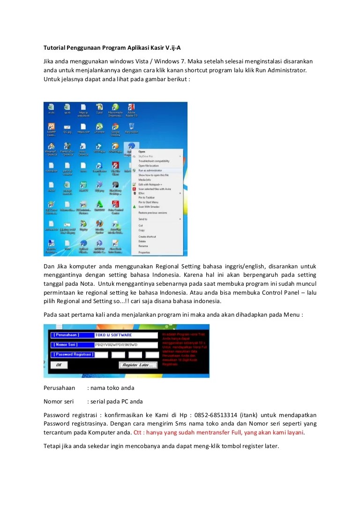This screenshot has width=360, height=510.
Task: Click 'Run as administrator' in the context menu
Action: (150, 170)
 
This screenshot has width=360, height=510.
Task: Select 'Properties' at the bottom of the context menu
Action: (144, 252)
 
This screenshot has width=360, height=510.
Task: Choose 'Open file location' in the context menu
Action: (148, 166)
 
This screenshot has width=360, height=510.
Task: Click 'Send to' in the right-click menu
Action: (143, 219)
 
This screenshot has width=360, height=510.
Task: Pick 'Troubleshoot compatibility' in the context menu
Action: (154, 161)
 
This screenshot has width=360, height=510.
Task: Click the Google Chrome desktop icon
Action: (115, 128)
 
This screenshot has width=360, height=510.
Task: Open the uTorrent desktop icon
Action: (99, 128)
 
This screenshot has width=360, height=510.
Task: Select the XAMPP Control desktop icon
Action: (51, 128)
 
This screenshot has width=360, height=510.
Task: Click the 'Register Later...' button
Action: (137, 365)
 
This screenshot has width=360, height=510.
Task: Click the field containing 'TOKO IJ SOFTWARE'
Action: (126, 335)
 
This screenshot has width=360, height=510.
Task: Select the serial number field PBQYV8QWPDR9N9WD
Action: (126, 345)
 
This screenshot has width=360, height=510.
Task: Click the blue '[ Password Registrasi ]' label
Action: (73, 355)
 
